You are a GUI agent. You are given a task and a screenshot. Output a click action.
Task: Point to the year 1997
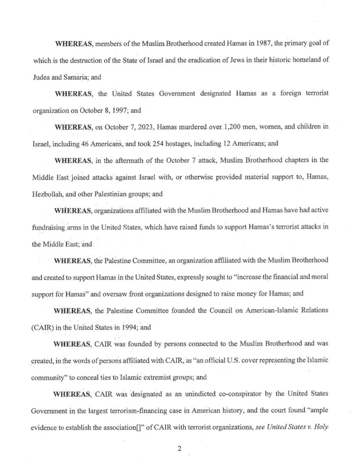coord(119,110)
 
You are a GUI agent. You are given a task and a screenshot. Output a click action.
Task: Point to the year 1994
coord(129,328)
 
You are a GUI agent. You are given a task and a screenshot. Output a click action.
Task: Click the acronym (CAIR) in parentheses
coord(42,328)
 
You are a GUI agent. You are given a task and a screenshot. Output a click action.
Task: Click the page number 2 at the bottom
coord(180,448)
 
